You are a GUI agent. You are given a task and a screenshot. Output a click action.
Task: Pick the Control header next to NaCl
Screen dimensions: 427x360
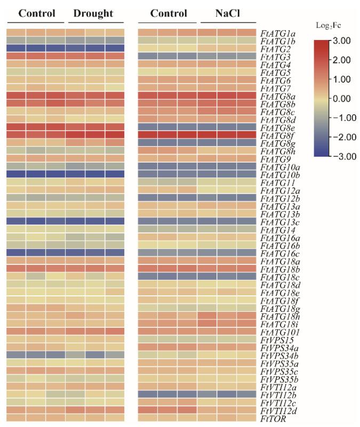[168, 14]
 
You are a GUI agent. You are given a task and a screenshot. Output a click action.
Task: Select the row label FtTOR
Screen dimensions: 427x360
[271, 420]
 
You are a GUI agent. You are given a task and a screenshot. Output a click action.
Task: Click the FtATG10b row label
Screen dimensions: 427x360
[278, 174]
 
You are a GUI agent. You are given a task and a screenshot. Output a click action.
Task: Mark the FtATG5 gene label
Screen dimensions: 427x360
[274, 72]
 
